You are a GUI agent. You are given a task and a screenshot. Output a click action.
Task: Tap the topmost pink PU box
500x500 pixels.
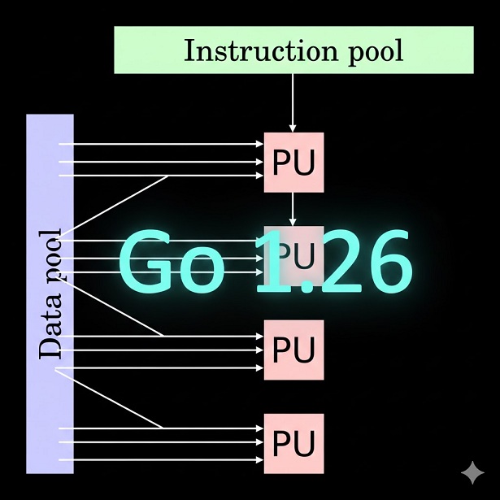(293, 163)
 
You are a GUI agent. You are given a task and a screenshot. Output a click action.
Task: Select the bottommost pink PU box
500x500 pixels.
(293, 444)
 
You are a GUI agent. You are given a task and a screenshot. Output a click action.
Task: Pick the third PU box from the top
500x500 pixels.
(293, 350)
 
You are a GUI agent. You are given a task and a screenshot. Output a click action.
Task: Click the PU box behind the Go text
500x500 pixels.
(293, 254)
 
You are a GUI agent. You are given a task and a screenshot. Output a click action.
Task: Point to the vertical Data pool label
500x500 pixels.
(50, 294)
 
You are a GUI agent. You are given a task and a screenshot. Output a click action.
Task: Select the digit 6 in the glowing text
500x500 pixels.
(381, 262)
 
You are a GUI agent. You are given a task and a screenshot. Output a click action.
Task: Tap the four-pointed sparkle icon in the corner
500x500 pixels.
(472, 472)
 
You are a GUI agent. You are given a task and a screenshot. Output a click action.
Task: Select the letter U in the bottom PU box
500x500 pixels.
(304, 444)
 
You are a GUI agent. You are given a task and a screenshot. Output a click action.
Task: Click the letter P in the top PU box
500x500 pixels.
(282, 163)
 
